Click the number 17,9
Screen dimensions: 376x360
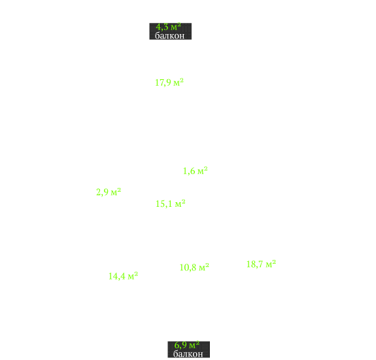[x=163, y=82]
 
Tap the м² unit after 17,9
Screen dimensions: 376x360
[x=179, y=82]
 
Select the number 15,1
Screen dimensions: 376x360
[x=164, y=204]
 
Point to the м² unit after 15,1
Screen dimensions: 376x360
[x=180, y=204]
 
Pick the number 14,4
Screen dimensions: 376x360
[x=117, y=276]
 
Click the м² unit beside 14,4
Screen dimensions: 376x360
[x=133, y=276]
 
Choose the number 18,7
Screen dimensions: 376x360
[x=255, y=264]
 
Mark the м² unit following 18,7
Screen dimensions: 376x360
[x=271, y=264]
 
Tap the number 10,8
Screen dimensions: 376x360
[x=188, y=268]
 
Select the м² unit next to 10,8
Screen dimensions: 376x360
[x=204, y=267]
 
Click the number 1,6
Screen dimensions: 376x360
[x=189, y=171]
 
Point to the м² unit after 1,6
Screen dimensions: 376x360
[x=203, y=171]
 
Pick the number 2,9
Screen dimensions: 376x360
[x=103, y=192]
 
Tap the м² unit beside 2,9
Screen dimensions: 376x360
[x=116, y=192]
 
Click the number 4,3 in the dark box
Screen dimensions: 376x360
[x=162, y=27]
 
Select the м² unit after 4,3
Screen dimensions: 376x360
[x=176, y=26]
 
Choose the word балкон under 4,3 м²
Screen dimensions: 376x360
[x=170, y=35]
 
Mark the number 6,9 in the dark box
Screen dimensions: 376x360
[x=180, y=346]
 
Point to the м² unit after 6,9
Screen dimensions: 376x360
[x=194, y=345]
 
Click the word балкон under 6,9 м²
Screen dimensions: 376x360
[x=188, y=353]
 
